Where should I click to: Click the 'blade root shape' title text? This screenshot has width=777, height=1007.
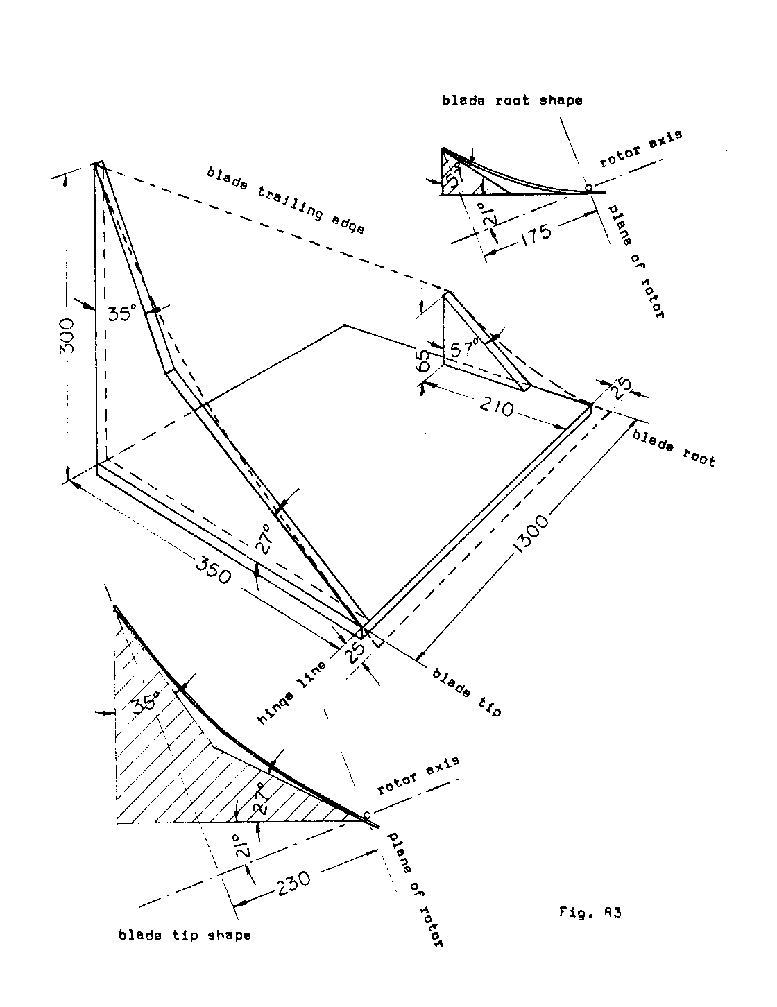coord(512,101)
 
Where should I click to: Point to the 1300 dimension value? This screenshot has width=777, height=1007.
coord(531,535)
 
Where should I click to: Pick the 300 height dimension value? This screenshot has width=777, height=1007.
coord(67,336)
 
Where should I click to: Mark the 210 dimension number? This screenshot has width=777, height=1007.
coord(497,408)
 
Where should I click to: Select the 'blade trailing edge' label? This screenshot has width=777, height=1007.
coord(285,200)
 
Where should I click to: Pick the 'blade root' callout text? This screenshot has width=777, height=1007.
coord(673,447)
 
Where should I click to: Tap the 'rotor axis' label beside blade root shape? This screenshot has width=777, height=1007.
coord(641,148)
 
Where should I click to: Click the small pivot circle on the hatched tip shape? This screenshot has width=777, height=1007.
coord(367,814)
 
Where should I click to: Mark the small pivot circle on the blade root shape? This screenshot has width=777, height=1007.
coord(588,187)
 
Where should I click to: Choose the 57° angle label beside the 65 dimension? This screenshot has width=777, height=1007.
coord(464,350)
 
